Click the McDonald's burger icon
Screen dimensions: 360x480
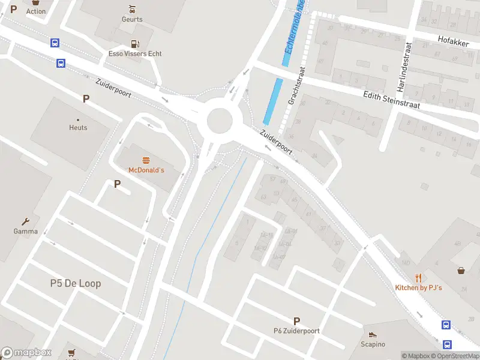pyautogui.click(x=146, y=160)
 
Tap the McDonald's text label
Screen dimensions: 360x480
pyautogui.click(x=146, y=170)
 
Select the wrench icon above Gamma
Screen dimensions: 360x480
pyautogui.click(x=26, y=221)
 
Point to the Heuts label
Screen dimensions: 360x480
pyautogui.click(x=78, y=128)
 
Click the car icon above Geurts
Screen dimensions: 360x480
pyautogui.click(x=132, y=9)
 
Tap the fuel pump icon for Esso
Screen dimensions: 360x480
pyautogui.click(x=135, y=44)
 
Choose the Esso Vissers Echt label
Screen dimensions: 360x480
pyautogui.click(x=134, y=54)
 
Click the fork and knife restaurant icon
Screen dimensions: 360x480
pyautogui.click(x=418, y=278)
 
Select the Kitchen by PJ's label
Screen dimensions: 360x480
pyautogui.click(x=418, y=288)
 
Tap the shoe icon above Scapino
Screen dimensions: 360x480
pyautogui.click(x=373, y=335)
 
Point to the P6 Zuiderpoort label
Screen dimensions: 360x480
pyautogui.click(x=296, y=331)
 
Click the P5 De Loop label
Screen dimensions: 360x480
pyautogui.click(x=76, y=283)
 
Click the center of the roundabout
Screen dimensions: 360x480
pyautogui.click(x=220, y=121)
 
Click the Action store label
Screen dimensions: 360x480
pyautogui.click(x=35, y=11)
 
